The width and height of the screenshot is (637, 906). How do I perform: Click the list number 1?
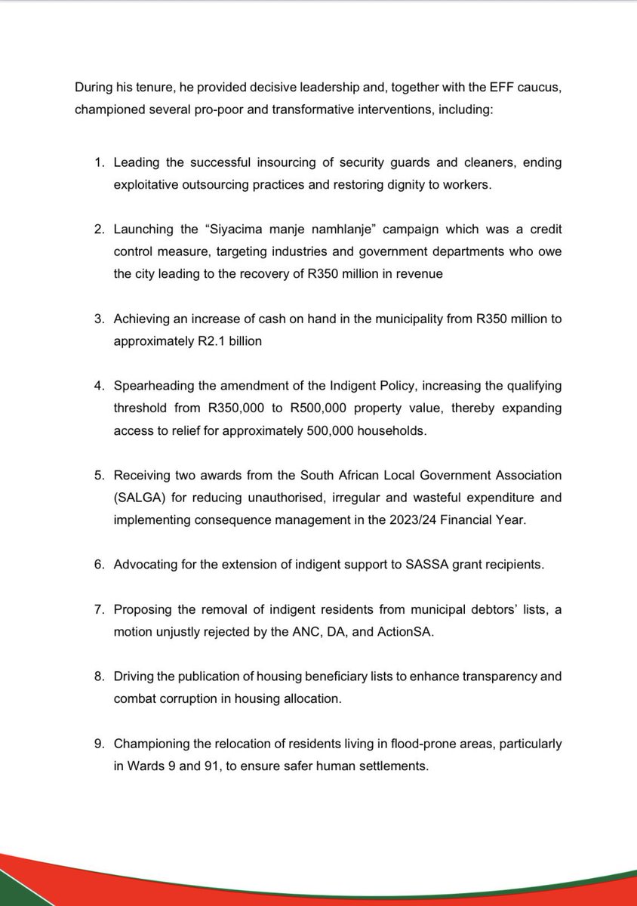tap(98, 163)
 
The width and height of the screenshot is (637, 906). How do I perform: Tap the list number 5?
tap(98, 476)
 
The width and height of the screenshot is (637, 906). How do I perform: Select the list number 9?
tap(98, 744)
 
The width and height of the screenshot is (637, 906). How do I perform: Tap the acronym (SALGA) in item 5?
tap(139, 498)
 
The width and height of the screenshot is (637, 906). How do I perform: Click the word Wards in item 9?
tap(146, 766)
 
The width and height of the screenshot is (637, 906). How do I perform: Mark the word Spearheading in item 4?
tap(150, 387)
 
